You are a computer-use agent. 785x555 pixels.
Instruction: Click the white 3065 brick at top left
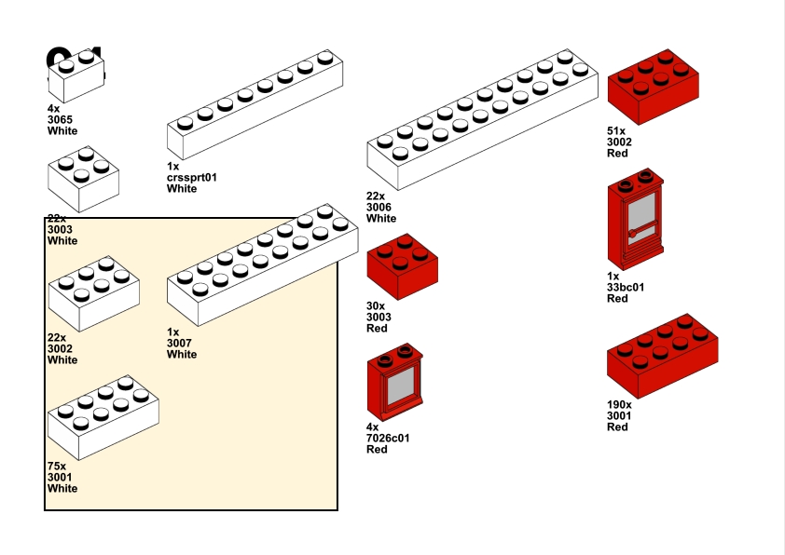[x=76, y=77]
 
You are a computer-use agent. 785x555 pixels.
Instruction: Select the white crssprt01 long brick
[x=254, y=109]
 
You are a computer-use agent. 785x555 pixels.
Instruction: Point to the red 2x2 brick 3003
[x=403, y=267]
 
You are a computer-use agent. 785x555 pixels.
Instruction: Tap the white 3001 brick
[x=103, y=418]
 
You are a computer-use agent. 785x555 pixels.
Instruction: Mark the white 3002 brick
[x=93, y=294]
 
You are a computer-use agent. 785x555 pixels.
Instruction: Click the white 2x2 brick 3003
[x=83, y=179]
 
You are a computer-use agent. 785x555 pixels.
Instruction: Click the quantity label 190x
[x=619, y=405]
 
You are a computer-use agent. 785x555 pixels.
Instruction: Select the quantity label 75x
[x=57, y=466]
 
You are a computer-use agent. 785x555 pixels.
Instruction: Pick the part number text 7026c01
[x=388, y=438]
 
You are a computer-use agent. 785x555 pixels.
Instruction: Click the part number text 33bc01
[x=626, y=287]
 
